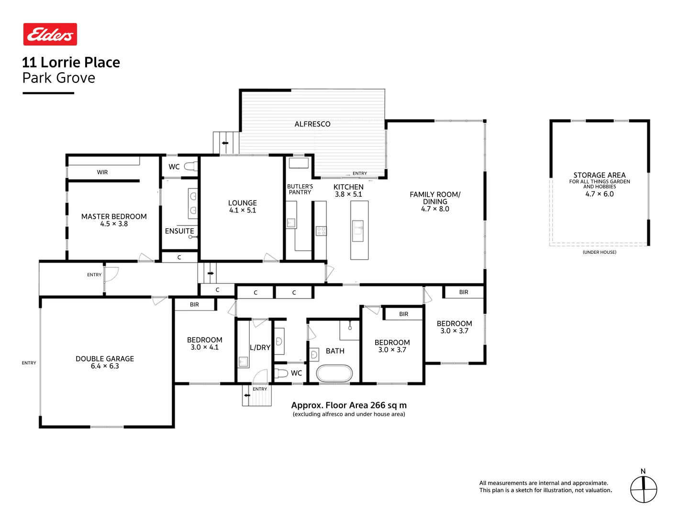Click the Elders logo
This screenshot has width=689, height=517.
click(50, 34)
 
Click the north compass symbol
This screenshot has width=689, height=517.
click(644, 489)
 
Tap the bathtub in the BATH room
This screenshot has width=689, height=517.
click(334, 373)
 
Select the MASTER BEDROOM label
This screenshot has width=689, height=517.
click(114, 216)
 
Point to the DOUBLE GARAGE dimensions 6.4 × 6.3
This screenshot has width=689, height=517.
click(105, 366)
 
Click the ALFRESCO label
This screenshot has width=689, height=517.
click(312, 124)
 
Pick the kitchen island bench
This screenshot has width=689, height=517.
click(359, 230)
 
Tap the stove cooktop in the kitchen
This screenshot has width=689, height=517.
click(321, 231)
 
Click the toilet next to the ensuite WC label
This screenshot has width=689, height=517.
click(191, 167)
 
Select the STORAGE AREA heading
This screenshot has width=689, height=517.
click(600, 175)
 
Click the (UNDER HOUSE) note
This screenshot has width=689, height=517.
click(600, 252)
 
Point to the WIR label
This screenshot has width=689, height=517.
click(102, 172)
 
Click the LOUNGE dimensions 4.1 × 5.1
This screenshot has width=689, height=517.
click(243, 210)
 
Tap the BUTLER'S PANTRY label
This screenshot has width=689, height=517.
click(300, 190)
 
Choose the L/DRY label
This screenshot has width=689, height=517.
click(260, 348)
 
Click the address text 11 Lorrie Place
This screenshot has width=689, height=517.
click(71, 62)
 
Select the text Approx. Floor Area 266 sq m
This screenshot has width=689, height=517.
click(349, 405)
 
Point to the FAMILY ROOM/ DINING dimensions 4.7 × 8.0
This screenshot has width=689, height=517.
click(435, 209)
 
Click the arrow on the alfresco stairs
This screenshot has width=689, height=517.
click(225, 143)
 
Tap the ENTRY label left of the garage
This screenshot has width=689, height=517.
click(29, 363)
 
